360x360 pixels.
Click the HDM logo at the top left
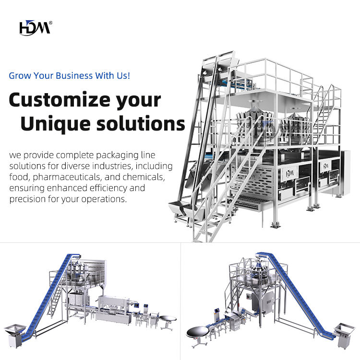pyautogui.click(x=34, y=28)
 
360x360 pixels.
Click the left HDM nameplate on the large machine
pyautogui.click(x=290, y=173)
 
